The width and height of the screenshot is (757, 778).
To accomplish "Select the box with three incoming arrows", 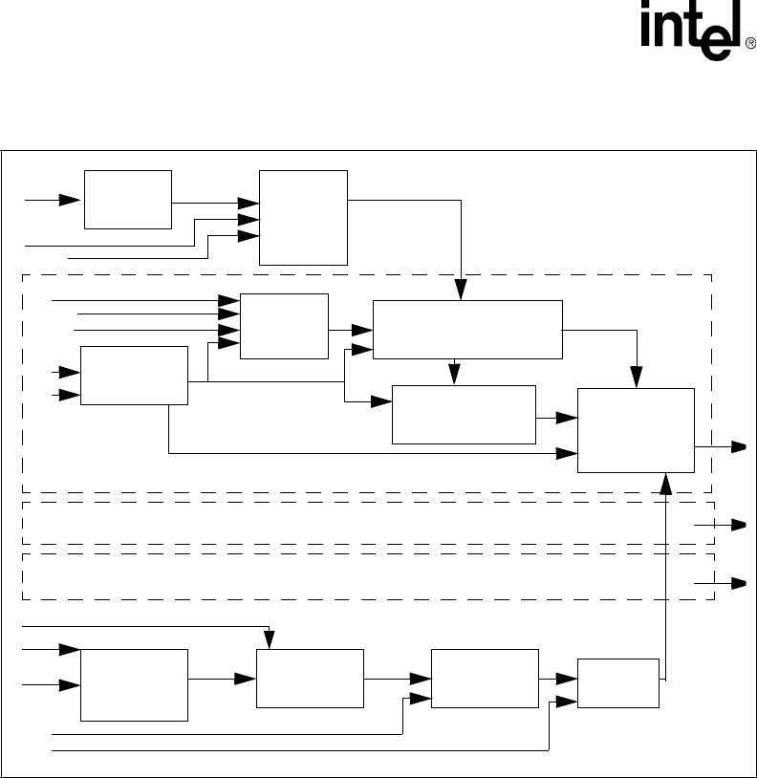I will click(x=304, y=218).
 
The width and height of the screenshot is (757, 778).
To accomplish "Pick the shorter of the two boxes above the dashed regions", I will click(x=127, y=200).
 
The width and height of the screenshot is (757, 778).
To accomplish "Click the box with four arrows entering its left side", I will click(x=284, y=326).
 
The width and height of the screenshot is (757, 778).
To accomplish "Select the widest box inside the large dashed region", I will click(x=467, y=330).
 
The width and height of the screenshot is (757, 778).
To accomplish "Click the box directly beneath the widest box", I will click(x=464, y=415).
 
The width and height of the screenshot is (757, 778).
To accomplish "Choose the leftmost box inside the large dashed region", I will click(x=134, y=376).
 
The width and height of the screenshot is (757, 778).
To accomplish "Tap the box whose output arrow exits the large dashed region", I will click(x=636, y=430).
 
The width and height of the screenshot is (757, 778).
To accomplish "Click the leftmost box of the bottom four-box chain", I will click(x=134, y=684).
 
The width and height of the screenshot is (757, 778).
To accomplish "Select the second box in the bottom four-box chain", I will click(x=311, y=679).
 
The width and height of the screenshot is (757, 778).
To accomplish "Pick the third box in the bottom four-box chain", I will click(x=485, y=679).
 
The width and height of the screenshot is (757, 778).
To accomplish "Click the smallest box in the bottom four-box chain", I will click(x=618, y=683).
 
